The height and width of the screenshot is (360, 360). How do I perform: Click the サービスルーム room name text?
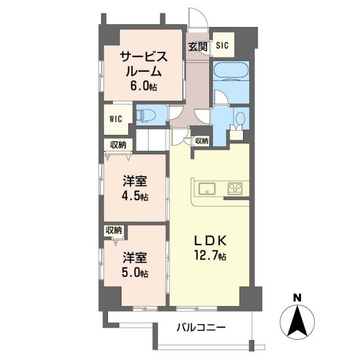click(143, 64)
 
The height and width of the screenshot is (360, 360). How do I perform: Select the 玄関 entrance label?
click(197, 47)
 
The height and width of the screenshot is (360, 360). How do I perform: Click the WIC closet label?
click(116, 119)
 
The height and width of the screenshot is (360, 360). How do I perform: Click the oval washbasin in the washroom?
click(240, 119)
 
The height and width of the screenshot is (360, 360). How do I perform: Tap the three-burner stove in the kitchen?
click(235, 188)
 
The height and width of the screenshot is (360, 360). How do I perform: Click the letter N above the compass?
click(297, 298)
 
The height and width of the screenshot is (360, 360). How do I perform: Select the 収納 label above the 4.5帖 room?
click(118, 145)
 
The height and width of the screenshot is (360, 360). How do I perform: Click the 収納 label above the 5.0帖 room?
click(114, 230)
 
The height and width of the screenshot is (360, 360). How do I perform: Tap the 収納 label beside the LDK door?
click(201, 141)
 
